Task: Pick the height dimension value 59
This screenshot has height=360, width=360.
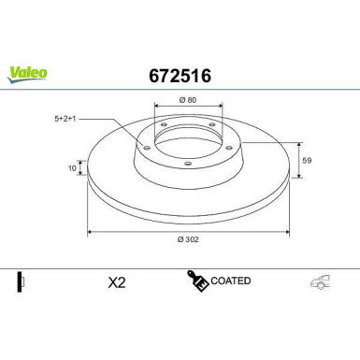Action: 306,160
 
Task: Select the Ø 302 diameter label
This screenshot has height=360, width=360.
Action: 187,239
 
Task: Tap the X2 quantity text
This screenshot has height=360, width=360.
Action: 117,281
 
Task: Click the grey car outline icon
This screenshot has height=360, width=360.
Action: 320,281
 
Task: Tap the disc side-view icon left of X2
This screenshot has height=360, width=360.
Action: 22,281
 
